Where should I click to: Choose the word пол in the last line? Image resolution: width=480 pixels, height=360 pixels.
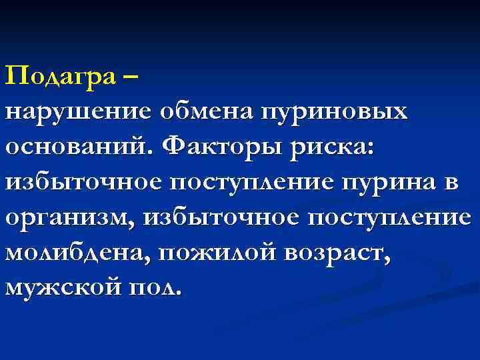tap(154, 288)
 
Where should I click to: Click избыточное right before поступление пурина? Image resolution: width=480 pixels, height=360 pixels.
tap(84, 183)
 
